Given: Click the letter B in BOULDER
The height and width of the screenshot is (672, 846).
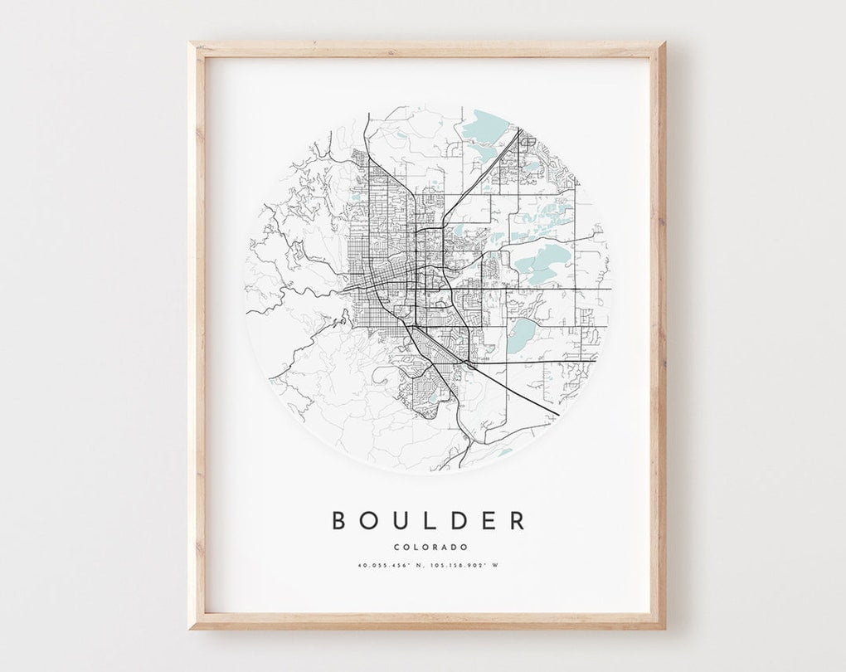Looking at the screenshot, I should tap(339, 520).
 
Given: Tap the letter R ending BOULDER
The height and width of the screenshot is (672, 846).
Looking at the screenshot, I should tap(518, 520).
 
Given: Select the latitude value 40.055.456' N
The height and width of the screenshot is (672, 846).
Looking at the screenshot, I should tap(388, 567).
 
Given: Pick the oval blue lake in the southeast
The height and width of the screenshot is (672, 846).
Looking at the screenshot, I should tap(523, 335).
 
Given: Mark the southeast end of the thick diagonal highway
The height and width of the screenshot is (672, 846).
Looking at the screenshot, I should tap(558, 415).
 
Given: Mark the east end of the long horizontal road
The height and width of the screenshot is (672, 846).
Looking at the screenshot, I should tap(611, 289).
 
